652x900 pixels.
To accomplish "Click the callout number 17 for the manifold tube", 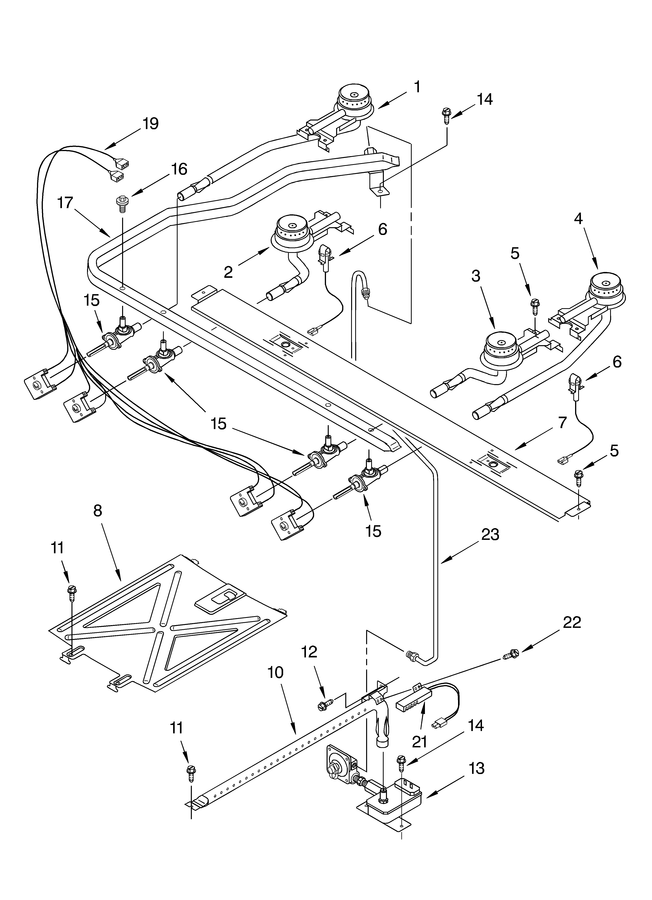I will point(65,203).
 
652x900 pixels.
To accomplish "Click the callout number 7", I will point(562,423).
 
